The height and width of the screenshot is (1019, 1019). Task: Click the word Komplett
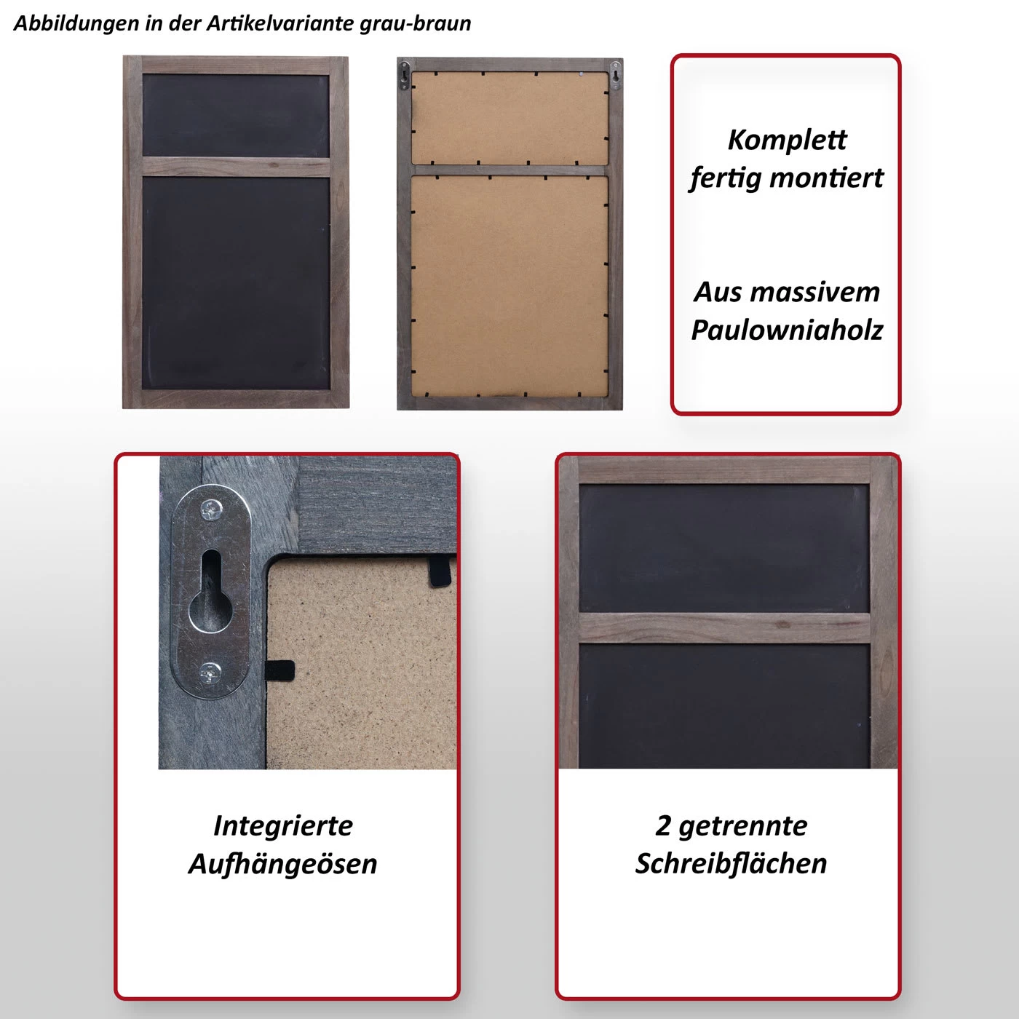[787, 140]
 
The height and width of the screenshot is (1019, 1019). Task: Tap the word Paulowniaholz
[787, 330]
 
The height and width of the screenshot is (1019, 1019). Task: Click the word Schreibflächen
[731, 863]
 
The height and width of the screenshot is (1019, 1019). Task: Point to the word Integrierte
[283, 826]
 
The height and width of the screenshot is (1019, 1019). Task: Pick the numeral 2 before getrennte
[663, 825]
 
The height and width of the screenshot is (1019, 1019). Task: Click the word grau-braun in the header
[415, 23]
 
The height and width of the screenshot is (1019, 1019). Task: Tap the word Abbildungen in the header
[76, 23]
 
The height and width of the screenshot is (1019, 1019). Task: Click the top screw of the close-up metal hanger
[212, 509]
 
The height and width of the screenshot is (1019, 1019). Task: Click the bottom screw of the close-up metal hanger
[210, 673]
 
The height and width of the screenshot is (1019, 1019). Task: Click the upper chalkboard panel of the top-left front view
[236, 115]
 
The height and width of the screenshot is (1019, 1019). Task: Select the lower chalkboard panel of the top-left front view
[236, 283]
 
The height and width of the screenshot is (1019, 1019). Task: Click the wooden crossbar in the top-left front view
[236, 167]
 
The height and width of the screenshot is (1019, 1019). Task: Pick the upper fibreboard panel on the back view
[509, 118]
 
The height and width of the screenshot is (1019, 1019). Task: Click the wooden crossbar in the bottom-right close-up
[724, 627]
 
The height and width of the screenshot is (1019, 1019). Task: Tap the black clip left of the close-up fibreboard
[279, 670]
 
